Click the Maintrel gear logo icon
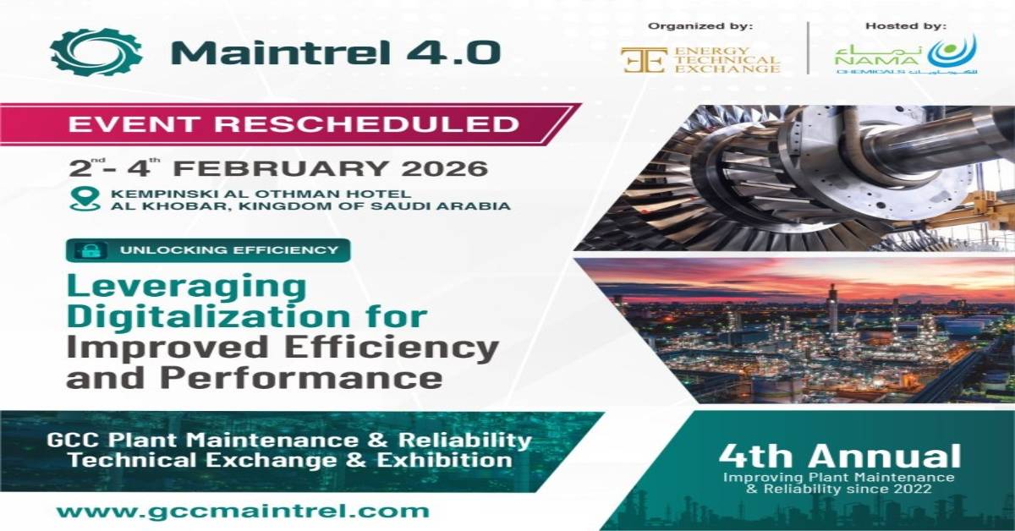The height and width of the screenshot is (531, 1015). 96,52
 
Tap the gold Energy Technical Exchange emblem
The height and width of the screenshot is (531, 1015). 644,60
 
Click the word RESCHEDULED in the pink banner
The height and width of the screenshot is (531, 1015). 366,124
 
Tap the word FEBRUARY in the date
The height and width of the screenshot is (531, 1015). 280,169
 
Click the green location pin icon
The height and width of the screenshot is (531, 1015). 85,200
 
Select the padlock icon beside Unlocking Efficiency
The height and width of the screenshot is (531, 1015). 91,250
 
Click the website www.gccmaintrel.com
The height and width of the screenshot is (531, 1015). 243,511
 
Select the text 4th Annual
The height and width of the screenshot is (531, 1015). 840,456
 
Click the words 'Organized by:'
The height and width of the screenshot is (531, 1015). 700,26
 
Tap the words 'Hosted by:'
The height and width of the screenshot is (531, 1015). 906,26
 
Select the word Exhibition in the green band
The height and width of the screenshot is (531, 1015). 445,460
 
